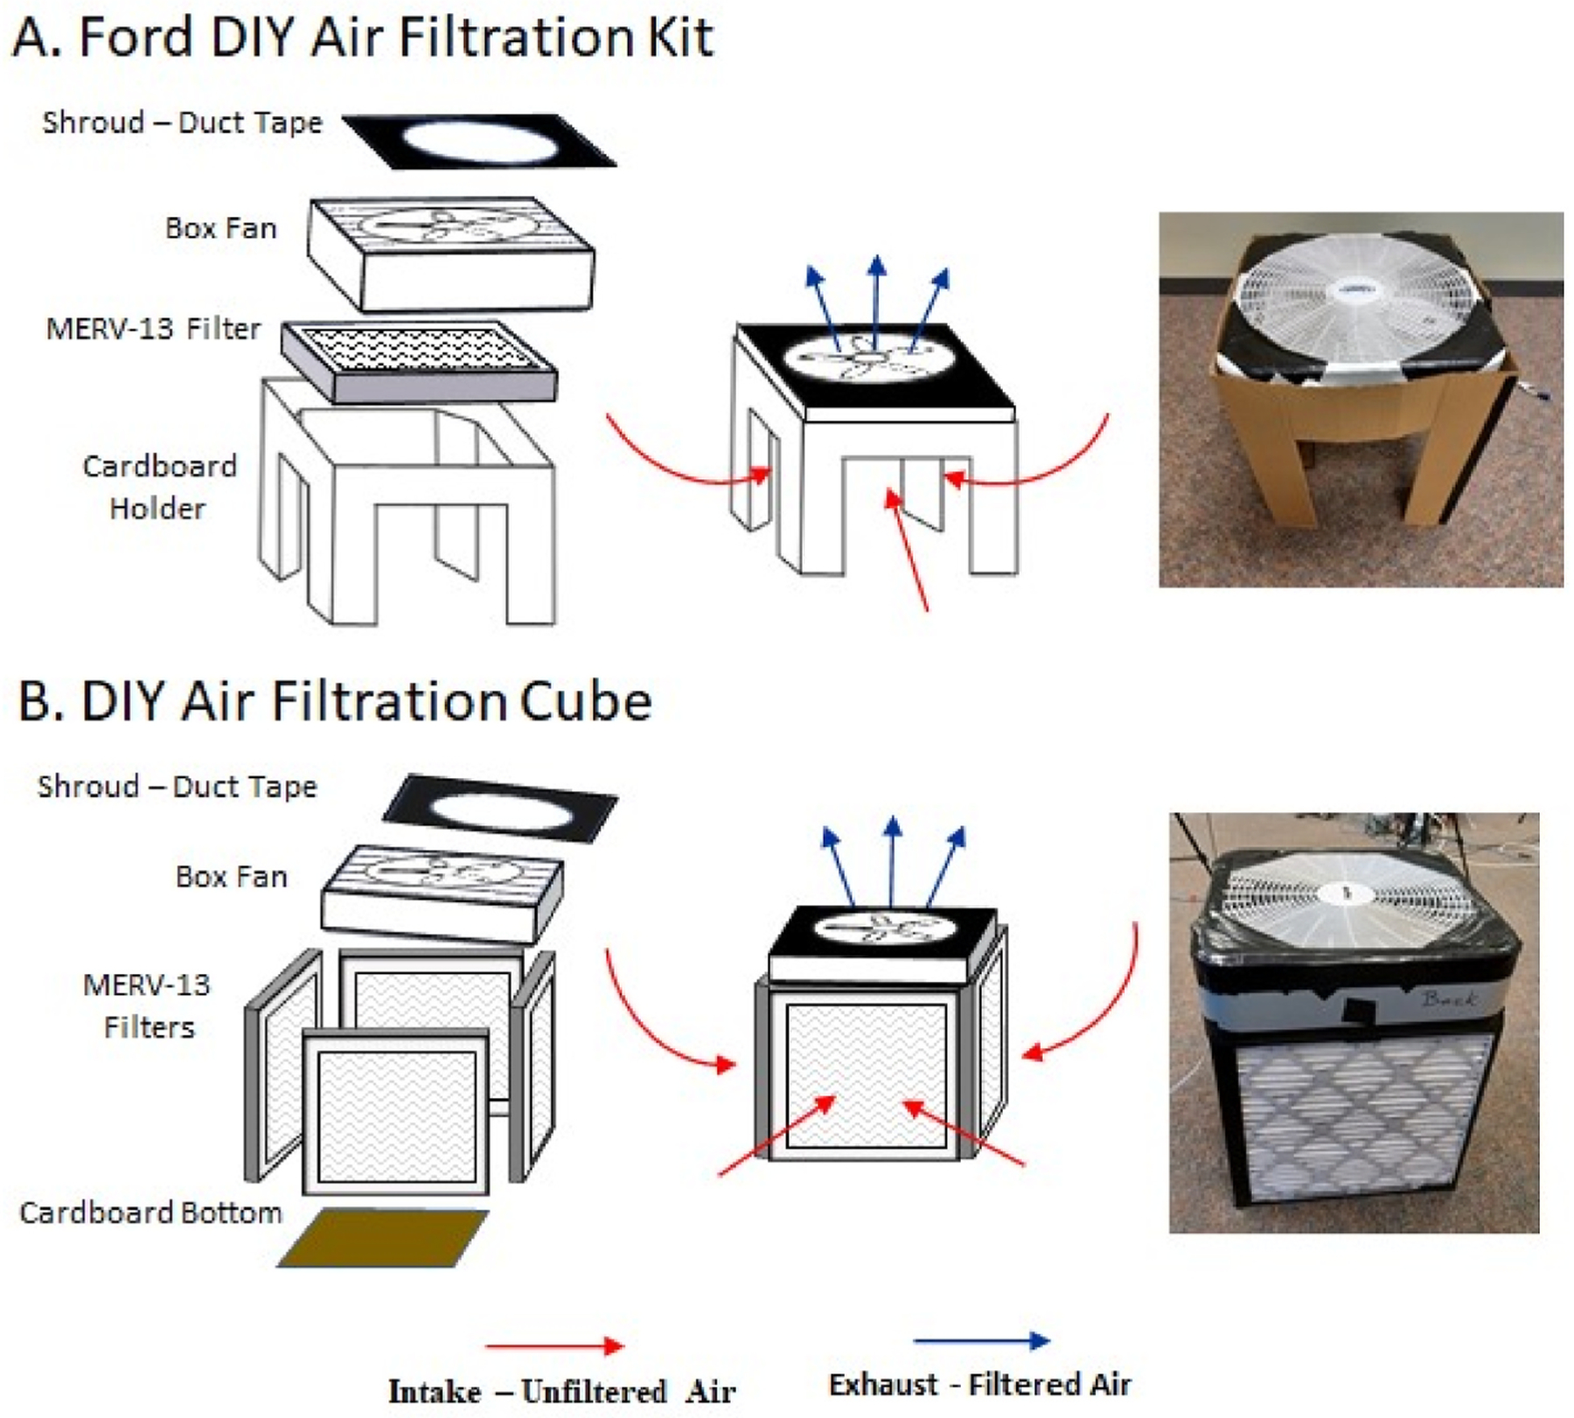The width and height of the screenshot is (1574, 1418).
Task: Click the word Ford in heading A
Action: (136, 38)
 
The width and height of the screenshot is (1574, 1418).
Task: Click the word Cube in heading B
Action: (586, 701)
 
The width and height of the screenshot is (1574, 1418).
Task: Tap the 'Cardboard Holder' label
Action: (159, 487)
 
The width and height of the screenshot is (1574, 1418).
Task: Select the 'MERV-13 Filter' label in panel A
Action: (153, 329)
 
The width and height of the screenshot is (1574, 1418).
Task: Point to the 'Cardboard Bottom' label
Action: (150, 1213)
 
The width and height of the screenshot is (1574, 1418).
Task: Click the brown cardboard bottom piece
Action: (383, 1237)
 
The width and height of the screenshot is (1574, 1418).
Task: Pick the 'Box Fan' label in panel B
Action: (232, 876)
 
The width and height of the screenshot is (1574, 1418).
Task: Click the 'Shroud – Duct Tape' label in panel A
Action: (182, 122)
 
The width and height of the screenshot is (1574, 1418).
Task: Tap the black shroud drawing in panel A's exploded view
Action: (479, 140)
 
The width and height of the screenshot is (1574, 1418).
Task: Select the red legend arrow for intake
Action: (554, 1345)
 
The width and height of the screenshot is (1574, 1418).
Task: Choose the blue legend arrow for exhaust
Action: (981, 1340)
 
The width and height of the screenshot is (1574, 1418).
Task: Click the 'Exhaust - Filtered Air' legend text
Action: (980, 1385)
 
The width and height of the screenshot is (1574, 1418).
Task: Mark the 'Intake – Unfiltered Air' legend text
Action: (561, 1391)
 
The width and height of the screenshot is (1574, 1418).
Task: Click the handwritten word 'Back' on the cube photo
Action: (1448, 998)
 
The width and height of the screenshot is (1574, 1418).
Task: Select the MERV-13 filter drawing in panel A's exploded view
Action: (419, 362)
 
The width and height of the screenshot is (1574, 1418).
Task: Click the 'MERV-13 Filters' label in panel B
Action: (148, 1005)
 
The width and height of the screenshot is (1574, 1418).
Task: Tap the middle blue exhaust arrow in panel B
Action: (891, 861)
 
